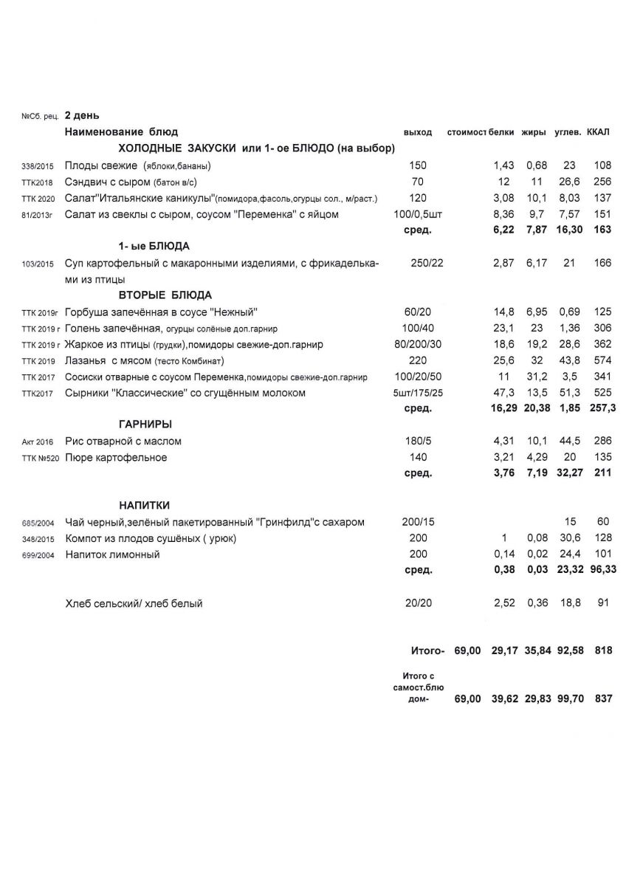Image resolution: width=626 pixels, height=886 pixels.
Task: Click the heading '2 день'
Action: coord(82,115)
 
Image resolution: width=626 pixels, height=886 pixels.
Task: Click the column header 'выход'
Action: coord(418,132)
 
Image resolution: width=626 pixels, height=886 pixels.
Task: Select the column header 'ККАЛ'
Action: coord(598,132)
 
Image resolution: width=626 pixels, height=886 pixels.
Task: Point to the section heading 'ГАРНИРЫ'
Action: coord(145,425)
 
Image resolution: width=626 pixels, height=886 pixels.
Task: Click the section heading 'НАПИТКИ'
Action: coord(145,506)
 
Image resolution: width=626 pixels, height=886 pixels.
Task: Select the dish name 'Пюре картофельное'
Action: coord(116,458)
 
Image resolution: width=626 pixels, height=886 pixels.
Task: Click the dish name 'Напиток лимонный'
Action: coord(112,554)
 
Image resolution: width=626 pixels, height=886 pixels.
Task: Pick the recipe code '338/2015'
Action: coord(37,166)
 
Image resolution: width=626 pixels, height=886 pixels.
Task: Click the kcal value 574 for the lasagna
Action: coord(602,360)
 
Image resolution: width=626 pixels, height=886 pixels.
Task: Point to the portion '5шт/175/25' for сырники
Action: coord(418,393)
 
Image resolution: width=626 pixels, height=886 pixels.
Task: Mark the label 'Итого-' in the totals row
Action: coord(427,651)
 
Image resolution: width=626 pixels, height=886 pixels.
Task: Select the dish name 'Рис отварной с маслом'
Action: coord(123,442)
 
